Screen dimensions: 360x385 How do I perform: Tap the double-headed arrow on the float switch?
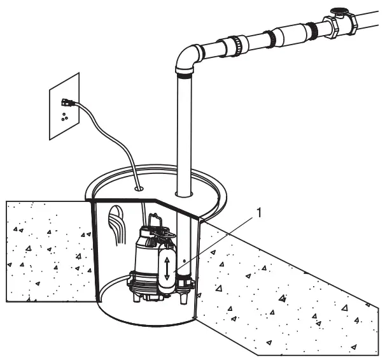point(167,266)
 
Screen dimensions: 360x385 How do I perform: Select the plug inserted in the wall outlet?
point(67,102)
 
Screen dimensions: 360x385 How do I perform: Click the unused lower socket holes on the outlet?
point(64,117)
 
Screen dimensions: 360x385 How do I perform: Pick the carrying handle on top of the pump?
point(155,222)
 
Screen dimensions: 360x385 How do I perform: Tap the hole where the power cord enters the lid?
point(139,189)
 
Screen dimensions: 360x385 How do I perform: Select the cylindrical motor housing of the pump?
point(145,255)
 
